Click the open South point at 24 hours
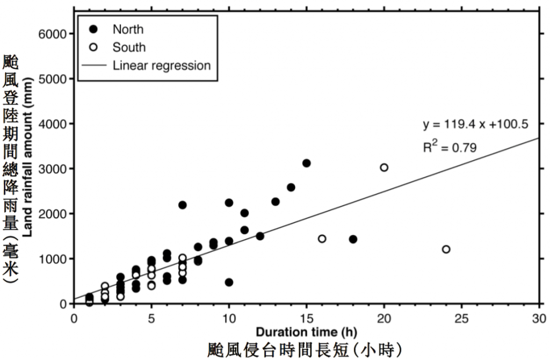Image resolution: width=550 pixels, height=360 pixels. click(446, 249)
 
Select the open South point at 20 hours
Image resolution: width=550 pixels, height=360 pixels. click(384, 168)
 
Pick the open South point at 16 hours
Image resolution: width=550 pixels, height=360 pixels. click(322, 239)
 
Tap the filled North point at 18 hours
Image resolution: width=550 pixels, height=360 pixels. click(353, 239)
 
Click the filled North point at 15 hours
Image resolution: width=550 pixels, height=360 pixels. click(306, 163)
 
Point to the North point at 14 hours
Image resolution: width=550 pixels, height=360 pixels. click(291, 188)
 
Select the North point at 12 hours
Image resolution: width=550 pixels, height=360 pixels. click(260, 236)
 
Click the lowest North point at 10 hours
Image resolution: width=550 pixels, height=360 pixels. click(229, 282)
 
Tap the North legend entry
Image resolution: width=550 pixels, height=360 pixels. click(128, 29)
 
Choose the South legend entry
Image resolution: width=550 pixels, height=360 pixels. click(129, 47)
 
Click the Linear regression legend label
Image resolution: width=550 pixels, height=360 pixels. click(162, 66)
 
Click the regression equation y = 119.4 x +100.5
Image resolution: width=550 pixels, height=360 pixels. click(476, 125)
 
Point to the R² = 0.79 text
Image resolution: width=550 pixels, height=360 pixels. click(450, 147)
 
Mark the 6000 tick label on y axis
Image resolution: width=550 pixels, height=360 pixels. click(52, 34)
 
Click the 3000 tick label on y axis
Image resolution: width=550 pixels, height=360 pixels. click(52, 169)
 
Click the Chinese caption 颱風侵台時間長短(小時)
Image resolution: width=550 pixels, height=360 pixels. click(305, 349)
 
